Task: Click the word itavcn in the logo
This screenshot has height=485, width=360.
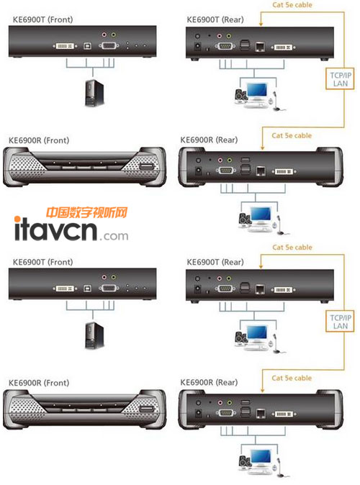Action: tap(55, 230)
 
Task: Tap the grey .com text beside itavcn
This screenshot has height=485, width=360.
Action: tap(114, 236)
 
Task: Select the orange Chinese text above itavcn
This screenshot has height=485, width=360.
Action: tap(86, 212)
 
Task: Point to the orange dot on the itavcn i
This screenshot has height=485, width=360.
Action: tap(17, 219)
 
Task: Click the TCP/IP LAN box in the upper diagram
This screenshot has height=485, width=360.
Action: tap(340, 79)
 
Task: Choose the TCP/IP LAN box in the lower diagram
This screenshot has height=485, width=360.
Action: tap(340, 322)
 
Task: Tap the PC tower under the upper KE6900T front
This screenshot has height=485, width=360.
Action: tap(94, 93)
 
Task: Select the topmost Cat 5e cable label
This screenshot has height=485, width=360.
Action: tap(292, 4)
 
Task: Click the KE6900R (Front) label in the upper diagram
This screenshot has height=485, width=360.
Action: tap(39, 140)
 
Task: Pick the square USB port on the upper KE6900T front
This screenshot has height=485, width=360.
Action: tap(88, 46)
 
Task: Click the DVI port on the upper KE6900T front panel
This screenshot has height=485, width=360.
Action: tap(65, 46)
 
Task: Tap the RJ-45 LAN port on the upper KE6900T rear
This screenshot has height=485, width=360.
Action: tap(260, 47)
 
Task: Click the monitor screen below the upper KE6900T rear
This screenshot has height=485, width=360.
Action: tap(257, 90)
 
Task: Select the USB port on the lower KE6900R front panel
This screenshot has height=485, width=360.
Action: tap(147, 409)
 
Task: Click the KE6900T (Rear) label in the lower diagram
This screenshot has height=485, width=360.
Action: tap(215, 263)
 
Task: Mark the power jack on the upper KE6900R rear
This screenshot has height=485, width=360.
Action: tap(199, 171)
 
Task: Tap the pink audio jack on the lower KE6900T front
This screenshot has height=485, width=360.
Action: tap(104, 277)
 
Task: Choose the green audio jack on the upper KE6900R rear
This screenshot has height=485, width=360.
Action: tap(230, 160)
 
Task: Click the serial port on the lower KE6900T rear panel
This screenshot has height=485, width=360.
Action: tap(225, 289)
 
